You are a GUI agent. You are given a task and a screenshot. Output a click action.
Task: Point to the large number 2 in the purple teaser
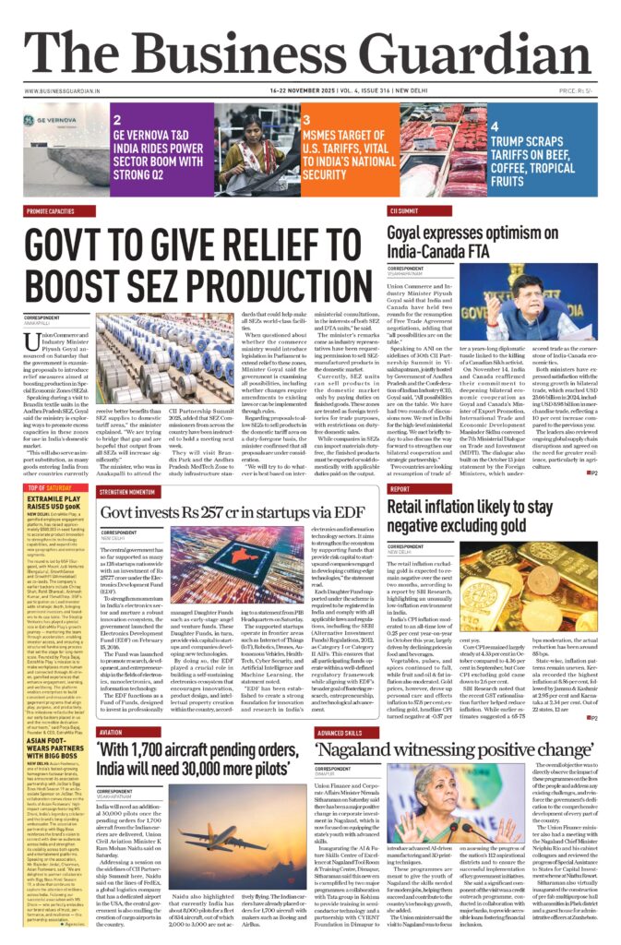(x=117, y=120)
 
